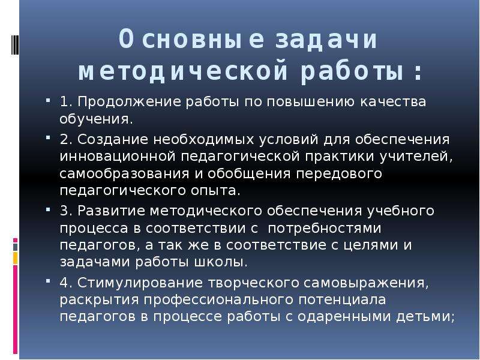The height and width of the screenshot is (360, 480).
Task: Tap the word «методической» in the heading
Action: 183,72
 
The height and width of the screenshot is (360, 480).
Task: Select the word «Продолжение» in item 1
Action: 129,102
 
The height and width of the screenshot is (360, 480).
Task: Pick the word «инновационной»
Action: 118,157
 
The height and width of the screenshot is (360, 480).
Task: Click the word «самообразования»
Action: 124,174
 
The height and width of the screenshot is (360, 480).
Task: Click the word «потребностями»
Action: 325,229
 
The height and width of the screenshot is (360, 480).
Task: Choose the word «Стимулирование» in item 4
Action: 140,283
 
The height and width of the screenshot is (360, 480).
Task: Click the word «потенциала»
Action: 342,299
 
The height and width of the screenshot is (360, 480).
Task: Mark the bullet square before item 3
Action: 48,210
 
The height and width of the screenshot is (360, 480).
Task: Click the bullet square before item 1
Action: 48,100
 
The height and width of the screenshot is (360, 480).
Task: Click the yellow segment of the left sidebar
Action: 16,259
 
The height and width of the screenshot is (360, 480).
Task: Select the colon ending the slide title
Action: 418,73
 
